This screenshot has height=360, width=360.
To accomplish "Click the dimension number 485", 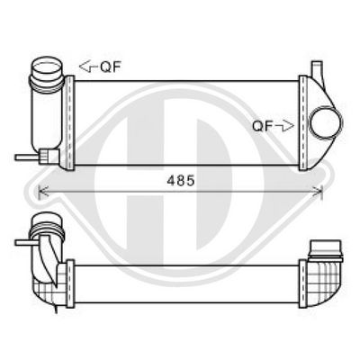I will [180, 179].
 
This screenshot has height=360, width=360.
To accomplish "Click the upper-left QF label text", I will [109, 66].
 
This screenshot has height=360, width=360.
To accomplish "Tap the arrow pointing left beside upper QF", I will [87, 66].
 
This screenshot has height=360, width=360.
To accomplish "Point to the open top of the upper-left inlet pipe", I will [43, 66].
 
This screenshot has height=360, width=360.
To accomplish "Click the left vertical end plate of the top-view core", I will [68, 121].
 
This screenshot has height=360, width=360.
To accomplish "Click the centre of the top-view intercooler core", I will [185, 121].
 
